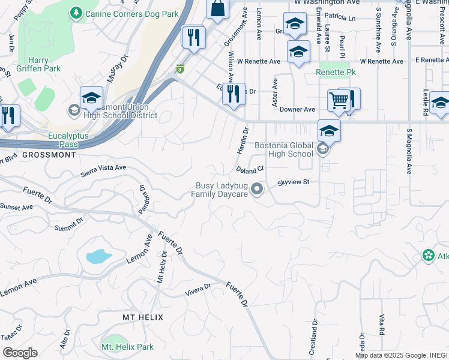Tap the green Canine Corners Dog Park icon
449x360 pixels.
76,12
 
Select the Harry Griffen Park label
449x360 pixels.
46,65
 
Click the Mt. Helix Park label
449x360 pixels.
127,347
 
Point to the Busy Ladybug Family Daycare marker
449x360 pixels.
258,190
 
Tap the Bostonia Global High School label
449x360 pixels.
284,149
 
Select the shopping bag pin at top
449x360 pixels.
217,8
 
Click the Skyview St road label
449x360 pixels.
292,182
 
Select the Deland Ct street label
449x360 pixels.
250,170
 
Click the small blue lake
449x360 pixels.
98,257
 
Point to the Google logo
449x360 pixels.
20,352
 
